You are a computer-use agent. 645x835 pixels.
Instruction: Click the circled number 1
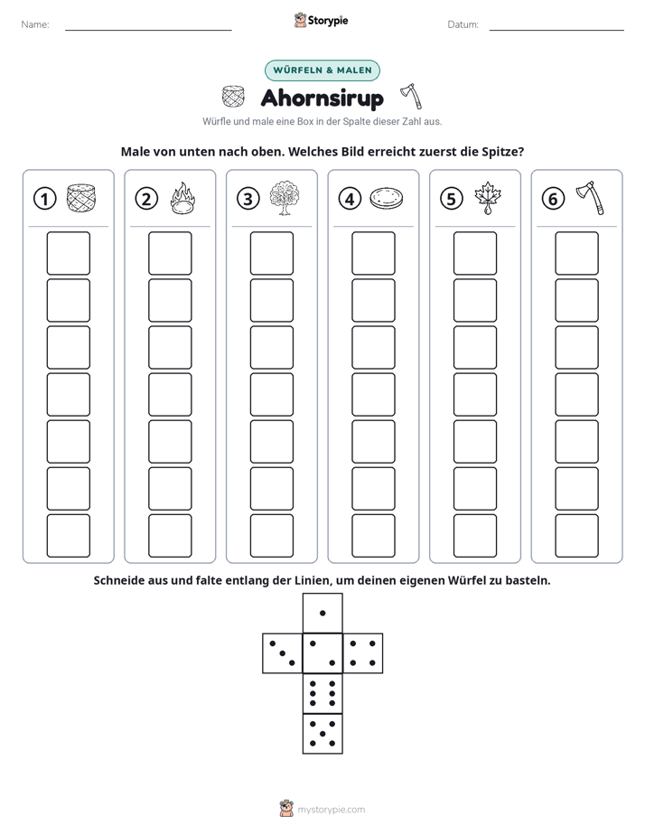[44, 199]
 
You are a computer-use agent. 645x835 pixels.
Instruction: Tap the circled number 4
[350, 199]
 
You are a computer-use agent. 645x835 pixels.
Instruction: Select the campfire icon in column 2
[182, 198]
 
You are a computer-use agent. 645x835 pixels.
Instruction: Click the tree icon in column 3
[285, 198]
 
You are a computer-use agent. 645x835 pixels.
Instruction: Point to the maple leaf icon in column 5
[488, 198]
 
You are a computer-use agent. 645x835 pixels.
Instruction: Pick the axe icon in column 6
[590, 198]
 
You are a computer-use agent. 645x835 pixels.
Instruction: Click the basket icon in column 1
[81, 198]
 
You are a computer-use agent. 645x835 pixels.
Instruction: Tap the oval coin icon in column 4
[387, 198]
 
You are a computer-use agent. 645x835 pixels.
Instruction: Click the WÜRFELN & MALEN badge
[322, 70]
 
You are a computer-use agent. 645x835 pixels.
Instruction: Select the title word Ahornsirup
[322, 99]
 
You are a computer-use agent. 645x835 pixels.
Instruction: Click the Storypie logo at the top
[321, 21]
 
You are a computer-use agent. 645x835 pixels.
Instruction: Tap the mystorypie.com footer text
[331, 810]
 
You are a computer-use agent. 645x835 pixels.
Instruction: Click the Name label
[35, 24]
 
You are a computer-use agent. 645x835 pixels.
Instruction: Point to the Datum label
[463, 24]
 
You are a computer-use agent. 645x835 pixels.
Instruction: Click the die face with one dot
[322, 614]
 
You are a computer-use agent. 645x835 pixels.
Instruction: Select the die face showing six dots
[322, 693]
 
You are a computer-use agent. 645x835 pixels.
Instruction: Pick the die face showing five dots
[322, 734]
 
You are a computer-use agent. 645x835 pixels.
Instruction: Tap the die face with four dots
[363, 653]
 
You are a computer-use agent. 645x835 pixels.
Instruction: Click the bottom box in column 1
[69, 536]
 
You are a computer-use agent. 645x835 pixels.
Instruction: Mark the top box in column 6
[577, 253]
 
